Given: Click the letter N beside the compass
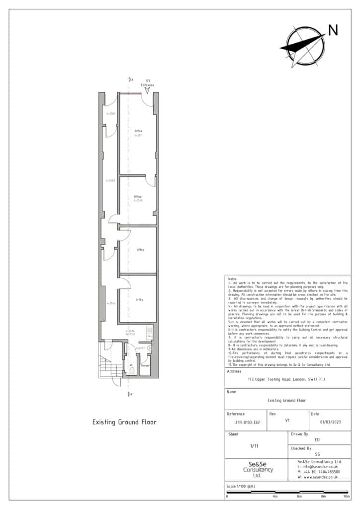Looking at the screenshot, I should point(333,31).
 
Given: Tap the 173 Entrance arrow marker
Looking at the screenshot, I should point(147,90).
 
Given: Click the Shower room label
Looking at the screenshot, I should point(145,365).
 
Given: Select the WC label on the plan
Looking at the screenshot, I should point(131,365).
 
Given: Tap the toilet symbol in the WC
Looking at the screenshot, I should point(131,370).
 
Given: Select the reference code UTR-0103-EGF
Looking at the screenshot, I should point(246,423).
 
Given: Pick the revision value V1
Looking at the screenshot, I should point(287,420).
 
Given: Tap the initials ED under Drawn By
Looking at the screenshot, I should point(317,440).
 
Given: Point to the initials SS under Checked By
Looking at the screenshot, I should point(317,454).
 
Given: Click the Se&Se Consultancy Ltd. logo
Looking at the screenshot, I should point(256,470).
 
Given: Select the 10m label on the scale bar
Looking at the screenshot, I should point(347,496).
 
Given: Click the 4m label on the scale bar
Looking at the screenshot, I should point(275,496).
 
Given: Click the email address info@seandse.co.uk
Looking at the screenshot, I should point(318,467).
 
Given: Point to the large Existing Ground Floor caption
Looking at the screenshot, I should point(124,422).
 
